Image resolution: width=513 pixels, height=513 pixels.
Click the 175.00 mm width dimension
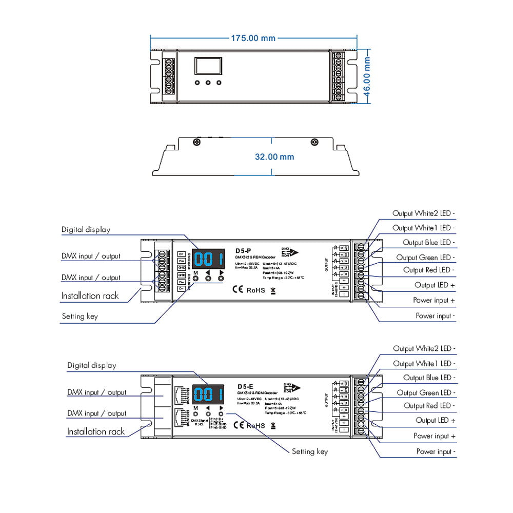pos(253,38)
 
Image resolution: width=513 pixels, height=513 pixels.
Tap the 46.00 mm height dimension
pos(367,76)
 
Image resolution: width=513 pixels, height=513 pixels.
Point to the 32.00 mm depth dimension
pos(274,156)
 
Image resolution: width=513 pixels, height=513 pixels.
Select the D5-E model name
pos(245,386)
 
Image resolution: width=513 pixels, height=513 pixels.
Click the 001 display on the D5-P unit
pos(208,259)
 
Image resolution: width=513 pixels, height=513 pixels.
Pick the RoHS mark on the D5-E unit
pos(256,425)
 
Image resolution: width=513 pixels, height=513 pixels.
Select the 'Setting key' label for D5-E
pos(309,451)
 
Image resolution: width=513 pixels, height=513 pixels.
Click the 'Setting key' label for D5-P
pos(80,317)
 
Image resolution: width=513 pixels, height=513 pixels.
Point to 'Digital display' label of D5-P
pos(86,230)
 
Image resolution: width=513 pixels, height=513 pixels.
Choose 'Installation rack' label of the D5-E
pos(95,431)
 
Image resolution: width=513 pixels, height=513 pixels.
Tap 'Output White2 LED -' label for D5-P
pos(424,213)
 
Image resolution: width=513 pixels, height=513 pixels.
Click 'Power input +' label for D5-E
pos(435,436)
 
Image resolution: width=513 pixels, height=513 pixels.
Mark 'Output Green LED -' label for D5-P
pos(425,258)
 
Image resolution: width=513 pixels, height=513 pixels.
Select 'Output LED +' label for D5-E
pos(436,421)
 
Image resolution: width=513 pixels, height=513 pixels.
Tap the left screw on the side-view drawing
pos(196,141)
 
